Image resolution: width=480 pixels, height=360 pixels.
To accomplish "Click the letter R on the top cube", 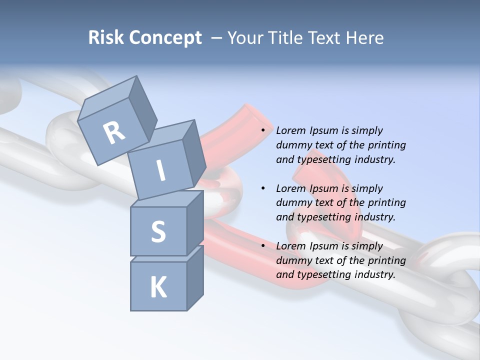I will click(114, 132).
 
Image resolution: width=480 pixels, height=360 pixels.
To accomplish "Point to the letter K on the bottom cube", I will click(158, 287).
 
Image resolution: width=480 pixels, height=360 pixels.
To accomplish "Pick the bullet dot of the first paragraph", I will click(263, 131).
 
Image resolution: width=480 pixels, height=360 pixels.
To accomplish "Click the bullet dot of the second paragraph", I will click(263, 189).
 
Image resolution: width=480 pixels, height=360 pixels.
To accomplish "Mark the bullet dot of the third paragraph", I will click(263, 246).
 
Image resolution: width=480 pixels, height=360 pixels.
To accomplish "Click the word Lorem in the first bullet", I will click(290, 131).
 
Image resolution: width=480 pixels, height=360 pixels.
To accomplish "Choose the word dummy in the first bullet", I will click(293, 145).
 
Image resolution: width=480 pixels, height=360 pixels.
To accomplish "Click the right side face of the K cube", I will click(195, 277).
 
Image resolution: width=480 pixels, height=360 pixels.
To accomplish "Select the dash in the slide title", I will click(216, 38).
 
